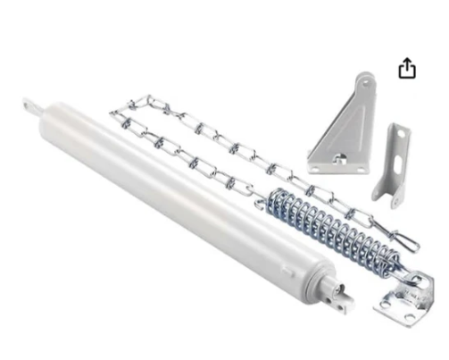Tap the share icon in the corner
pyautogui.click(x=407, y=69)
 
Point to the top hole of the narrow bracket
pyautogui.click(x=400, y=135)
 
